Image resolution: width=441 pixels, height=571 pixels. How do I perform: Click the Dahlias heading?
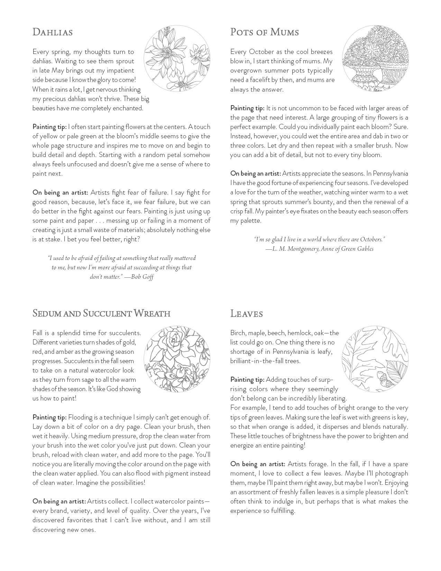[x=53, y=32]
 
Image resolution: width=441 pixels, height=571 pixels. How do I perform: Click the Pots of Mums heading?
[x=265, y=32]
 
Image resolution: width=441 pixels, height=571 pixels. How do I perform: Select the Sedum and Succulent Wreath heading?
[x=101, y=313]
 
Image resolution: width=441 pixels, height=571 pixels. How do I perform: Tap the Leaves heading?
[x=247, y=314]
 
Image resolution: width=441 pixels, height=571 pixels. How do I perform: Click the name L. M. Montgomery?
[x=294, y=248]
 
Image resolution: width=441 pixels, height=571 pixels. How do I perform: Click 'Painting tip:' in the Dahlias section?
[x=49, y=127]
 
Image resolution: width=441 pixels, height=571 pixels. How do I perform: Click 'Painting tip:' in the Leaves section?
[x=247, y=380]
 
